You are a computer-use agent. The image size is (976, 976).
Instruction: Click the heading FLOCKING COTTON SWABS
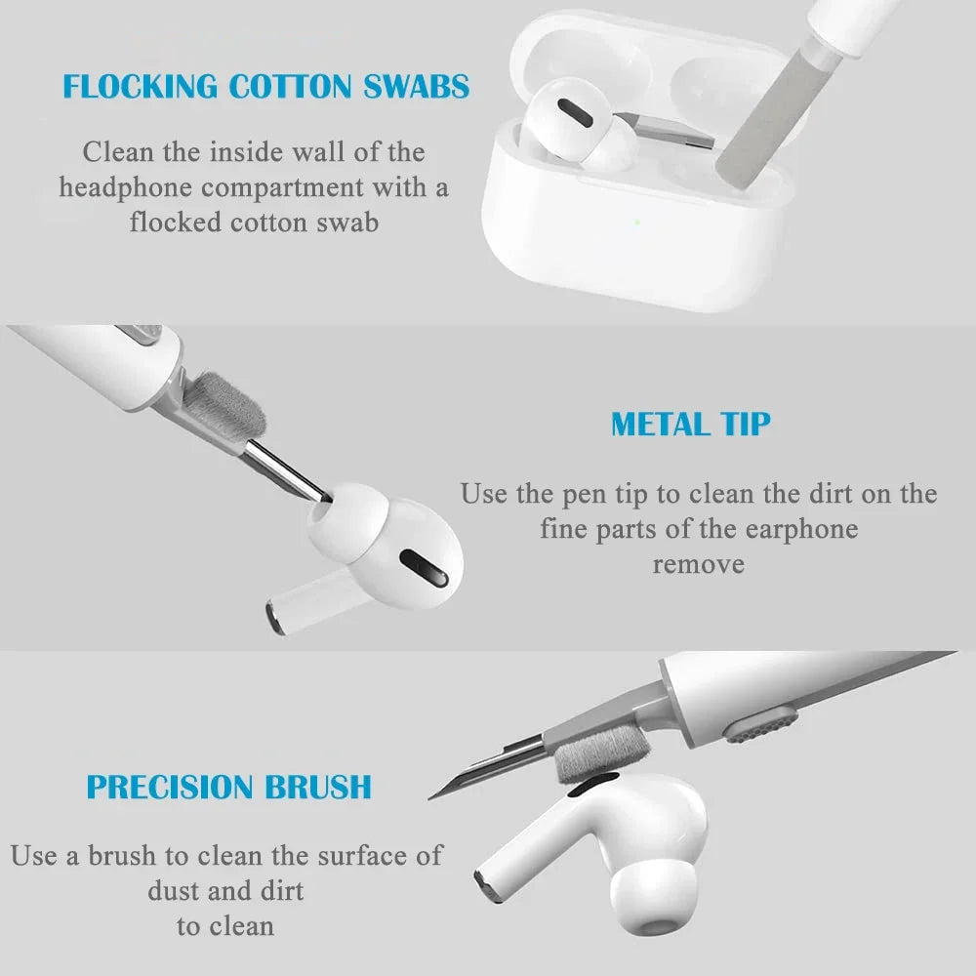(x=265, y=86)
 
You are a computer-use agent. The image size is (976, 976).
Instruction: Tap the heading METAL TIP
(x=690, y=425)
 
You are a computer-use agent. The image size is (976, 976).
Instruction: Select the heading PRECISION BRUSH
(x=228, y=787)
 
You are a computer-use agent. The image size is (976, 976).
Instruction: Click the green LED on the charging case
(x=636, y=222)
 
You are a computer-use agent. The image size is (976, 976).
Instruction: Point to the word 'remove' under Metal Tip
(x=698, y=564)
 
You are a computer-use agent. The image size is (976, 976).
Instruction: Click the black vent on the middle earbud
(x=425, y=565)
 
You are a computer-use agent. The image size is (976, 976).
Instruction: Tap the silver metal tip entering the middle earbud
(x=283, y=468)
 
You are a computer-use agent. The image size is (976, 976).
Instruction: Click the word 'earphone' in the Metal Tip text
(x=801, y=529)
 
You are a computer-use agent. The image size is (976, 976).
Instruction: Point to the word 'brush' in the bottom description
(x=122, y=856)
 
